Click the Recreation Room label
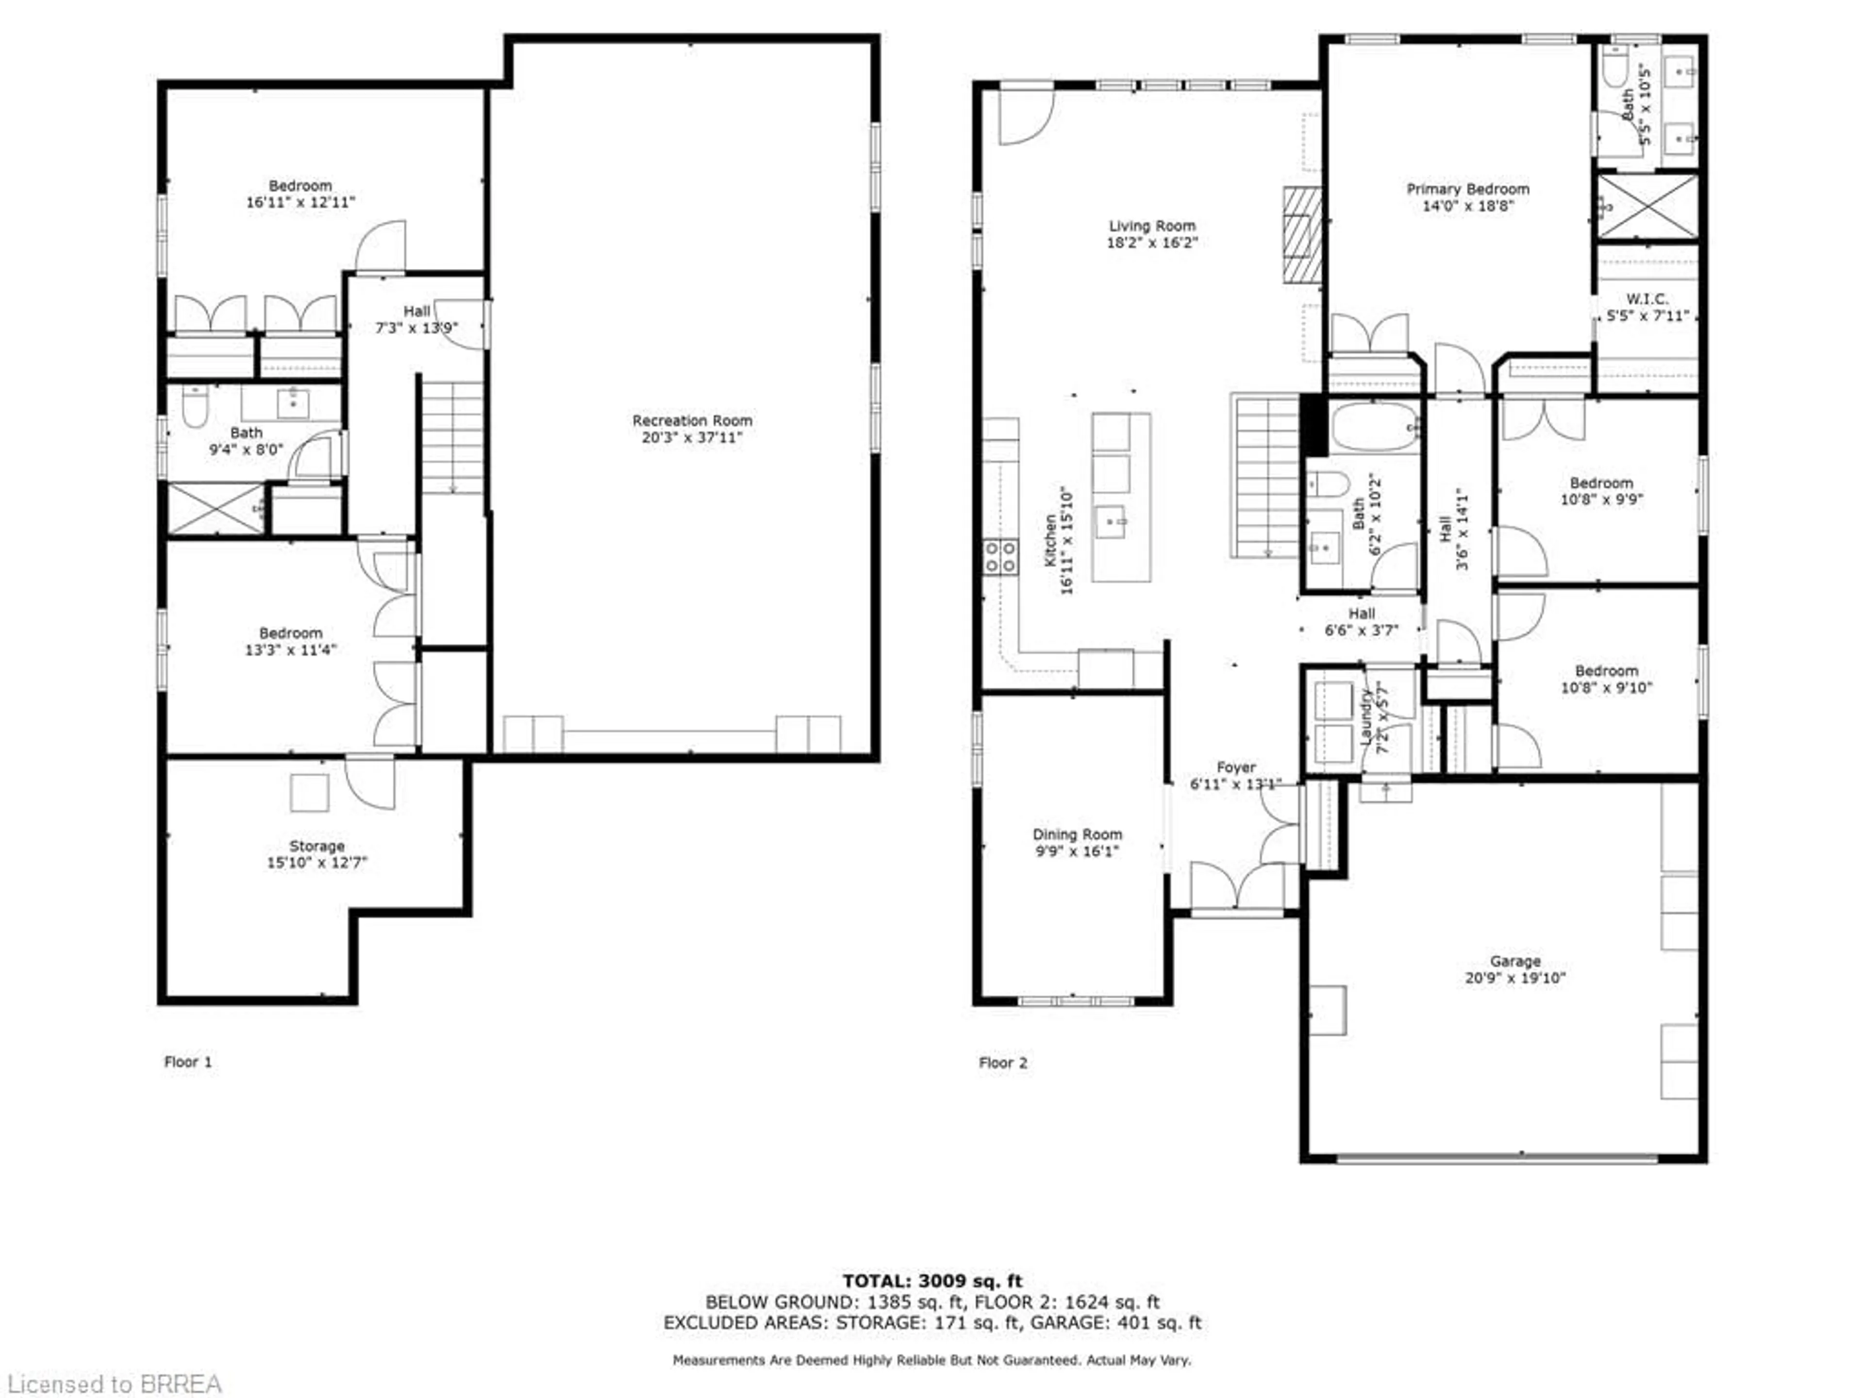point(692,420)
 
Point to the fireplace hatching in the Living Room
point(1302,234)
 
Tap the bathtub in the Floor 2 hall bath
point(1374,427)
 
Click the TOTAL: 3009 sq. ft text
point(932,1281)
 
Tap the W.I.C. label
point(1647,299)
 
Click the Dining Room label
point(1077,834)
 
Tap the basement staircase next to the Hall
point(452,438)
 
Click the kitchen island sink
point(1111,522)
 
